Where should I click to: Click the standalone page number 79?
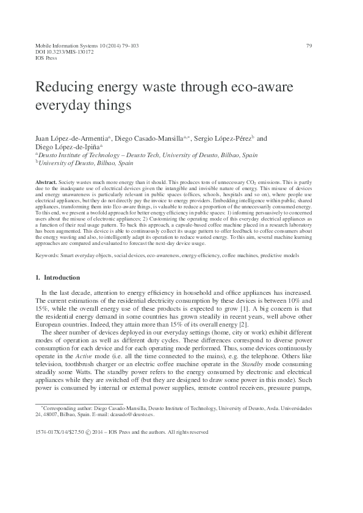[x=309, y=46]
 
